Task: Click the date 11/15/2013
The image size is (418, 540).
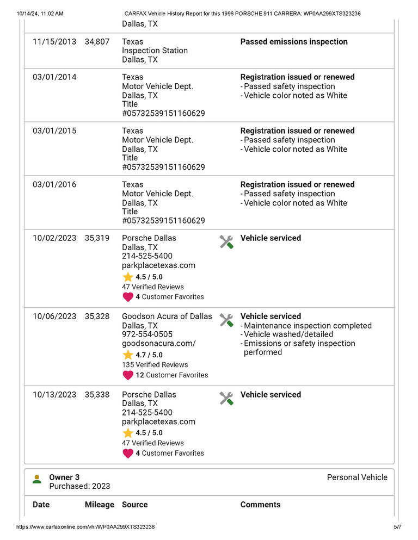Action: pos(54,42)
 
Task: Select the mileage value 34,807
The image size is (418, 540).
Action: pos(97,42)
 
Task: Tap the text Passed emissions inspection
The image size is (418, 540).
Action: pos(294,42)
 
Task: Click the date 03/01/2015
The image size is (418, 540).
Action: pos(54,131)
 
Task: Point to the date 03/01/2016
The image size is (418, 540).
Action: pos(54,185)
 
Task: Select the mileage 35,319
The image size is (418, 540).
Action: pos(97,238)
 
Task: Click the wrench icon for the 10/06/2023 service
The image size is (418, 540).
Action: pos(226,320)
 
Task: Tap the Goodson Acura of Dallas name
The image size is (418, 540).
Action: pos(167,316)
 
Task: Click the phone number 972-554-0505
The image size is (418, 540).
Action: pos(147,334)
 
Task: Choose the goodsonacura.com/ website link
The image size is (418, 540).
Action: pos(158,344)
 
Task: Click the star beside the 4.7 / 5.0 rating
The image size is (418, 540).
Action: pos(128,355)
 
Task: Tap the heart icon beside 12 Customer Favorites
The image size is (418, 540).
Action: pos(128,375)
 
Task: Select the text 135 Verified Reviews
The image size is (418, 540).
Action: pos(155,365)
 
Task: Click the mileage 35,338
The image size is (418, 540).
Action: pos(97,395)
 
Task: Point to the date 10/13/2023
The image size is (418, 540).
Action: pos(54,395)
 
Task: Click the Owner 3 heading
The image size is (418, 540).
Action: pos(64,477)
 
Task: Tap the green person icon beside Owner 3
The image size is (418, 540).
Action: pos(36,479)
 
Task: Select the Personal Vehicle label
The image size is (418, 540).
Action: pos(357,477)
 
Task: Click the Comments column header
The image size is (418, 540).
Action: pos(260,505)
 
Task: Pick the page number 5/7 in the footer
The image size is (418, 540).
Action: pos(397,527)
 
